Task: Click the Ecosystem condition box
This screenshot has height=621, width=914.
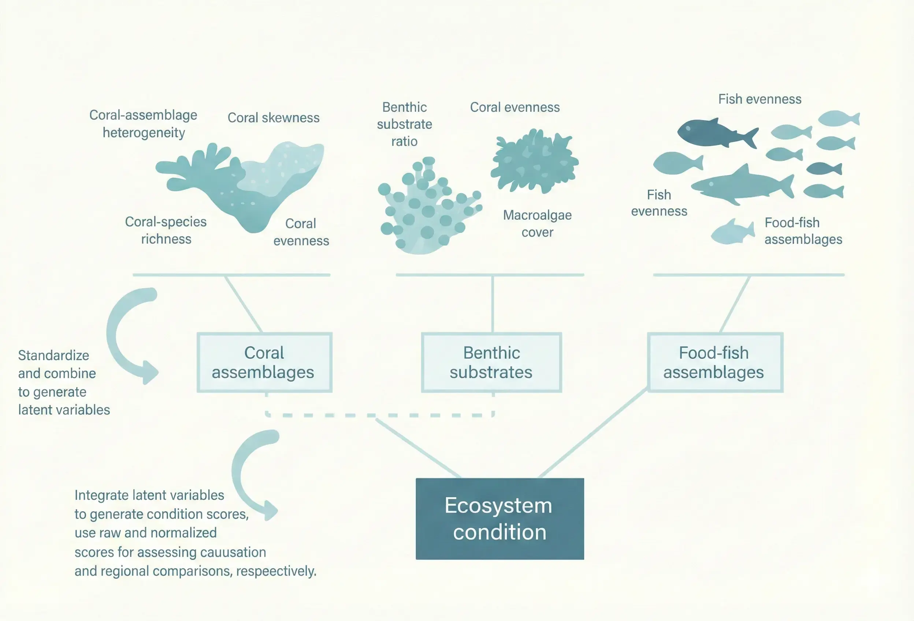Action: coord(499,518)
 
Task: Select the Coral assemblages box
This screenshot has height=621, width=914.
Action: coord(264,362)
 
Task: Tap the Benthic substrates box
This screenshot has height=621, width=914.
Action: coord(491,362)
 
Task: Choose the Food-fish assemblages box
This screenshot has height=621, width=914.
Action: coord(714,362)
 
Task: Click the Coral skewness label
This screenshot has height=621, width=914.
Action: coord(273,118)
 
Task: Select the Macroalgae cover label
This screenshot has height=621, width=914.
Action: coord(537,223)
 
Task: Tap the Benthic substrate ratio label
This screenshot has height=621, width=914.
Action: coord(404,124)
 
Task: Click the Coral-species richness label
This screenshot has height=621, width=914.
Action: coord(166,230)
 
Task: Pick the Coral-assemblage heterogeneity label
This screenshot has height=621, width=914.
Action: coord(144,123)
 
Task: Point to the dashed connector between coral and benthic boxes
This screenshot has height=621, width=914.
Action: coord(379,415)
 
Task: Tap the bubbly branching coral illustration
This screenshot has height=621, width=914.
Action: coord(427,207)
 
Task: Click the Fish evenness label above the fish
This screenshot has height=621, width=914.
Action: coord(759,99)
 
